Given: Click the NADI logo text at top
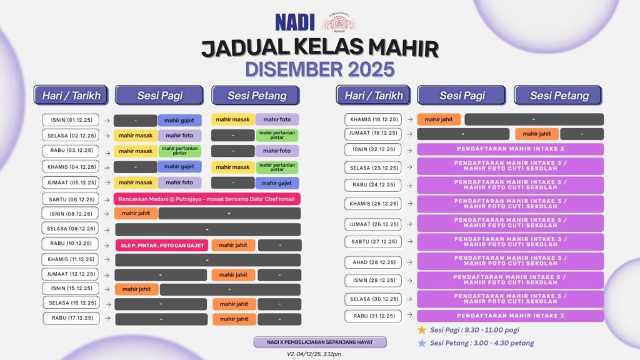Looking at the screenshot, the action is click(x=295, y=22).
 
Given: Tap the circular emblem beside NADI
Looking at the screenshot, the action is click(x=339, y=22).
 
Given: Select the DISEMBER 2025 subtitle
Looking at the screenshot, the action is click(x=319, y=69).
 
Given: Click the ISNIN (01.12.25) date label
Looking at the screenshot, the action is click(x=71, y=120).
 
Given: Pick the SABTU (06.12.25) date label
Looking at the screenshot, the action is click(x=71, y=199).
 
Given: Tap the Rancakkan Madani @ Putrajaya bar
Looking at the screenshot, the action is click(x=207, y=199).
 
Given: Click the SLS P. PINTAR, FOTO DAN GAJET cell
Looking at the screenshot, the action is click(x=162, y=245).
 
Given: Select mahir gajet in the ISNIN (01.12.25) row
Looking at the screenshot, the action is click(x=179, y=121).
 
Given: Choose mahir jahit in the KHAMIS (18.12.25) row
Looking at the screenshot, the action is click(x=439, y=119).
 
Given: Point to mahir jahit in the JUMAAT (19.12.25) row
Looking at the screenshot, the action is click(x=537, y=134).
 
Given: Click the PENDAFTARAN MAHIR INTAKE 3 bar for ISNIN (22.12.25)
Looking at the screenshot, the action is click(x=510, y=149).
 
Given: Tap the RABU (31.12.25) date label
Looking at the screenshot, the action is click(x=373, y=316).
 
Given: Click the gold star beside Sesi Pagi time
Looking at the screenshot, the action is click(x=422, y=330).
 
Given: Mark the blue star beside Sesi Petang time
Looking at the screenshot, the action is click(x=422, y=343).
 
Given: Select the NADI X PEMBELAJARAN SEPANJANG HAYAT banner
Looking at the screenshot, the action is click(x=319, y=342).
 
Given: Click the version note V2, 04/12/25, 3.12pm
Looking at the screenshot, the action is click(x=314, y=354).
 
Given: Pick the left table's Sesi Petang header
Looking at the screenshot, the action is click(x=256, y=96).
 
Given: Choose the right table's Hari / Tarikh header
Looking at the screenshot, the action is click(x=373, y=96).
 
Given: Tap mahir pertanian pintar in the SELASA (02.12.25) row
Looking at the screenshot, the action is click(x=277, y=135).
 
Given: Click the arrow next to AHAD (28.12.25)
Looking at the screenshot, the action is click(x=409, y=262).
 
